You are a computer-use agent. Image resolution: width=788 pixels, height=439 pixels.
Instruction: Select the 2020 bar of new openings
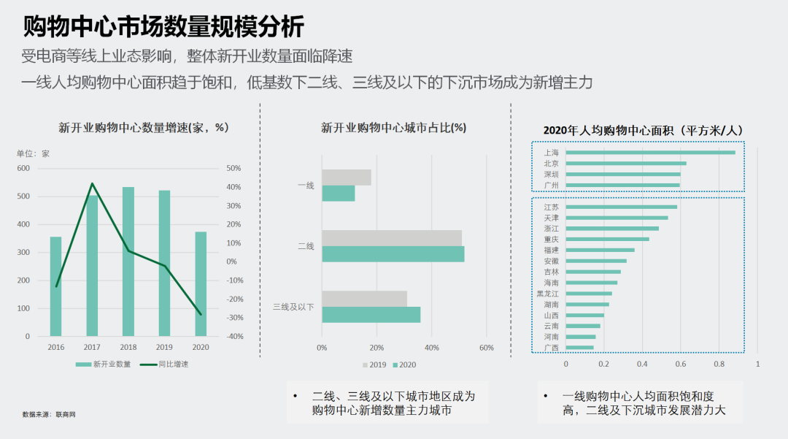[x=200, y=284]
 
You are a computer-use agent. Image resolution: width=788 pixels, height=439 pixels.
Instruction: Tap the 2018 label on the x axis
[x=128, y=348]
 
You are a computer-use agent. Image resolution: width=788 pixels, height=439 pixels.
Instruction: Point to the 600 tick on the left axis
[x=23, y=169]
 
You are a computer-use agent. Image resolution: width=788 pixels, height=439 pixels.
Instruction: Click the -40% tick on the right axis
[x=233, y=337]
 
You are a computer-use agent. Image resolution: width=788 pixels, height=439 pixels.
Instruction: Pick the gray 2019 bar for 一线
[x=346, y=177]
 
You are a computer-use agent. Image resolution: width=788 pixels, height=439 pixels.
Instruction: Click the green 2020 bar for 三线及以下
[x=371, y=315]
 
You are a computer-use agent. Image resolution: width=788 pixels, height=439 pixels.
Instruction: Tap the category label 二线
[x=306, y=247]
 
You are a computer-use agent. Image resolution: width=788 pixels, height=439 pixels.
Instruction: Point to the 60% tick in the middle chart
[x=487, y=348]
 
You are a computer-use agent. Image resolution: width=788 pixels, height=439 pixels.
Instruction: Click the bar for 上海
[x=650, y=153]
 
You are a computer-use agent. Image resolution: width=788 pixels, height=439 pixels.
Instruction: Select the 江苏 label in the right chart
[x=551, y=207]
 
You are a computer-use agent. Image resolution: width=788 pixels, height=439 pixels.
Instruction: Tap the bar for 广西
[x=579, y=348]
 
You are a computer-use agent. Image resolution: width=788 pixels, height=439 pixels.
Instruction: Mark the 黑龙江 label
[x=547, y=294]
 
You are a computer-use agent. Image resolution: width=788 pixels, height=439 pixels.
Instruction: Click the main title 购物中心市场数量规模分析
[x=163, y=26]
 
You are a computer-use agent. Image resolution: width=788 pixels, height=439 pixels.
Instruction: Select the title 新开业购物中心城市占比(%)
[x=393, y=128]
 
